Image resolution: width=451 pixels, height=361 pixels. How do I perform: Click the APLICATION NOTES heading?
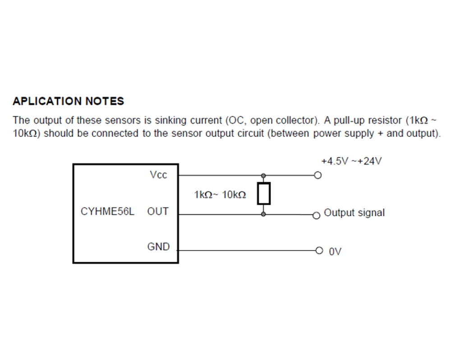point(69,101)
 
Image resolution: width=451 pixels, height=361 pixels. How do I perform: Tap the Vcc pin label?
point(158,175)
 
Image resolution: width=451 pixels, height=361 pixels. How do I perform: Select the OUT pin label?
point(157,211)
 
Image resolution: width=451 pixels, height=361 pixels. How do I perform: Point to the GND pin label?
point(158,247)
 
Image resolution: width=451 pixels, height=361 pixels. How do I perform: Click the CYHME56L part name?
point(107,211)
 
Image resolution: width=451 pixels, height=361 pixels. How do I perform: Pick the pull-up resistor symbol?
point(263,194)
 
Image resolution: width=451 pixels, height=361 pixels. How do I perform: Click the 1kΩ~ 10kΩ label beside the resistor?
point(220,195)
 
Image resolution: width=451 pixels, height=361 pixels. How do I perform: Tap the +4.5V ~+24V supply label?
point(351,161)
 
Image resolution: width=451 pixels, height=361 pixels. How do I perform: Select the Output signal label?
point(354,213)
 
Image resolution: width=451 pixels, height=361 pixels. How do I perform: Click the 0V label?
point(335,252)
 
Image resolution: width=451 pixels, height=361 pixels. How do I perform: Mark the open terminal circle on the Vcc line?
point(318,175)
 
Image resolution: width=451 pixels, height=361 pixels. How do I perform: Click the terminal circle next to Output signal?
point(316,215)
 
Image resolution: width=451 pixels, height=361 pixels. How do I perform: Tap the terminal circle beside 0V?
point(319,250)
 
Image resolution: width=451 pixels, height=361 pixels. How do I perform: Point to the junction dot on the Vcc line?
point(263,176)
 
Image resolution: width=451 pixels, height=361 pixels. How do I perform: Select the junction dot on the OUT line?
point(263,214)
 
